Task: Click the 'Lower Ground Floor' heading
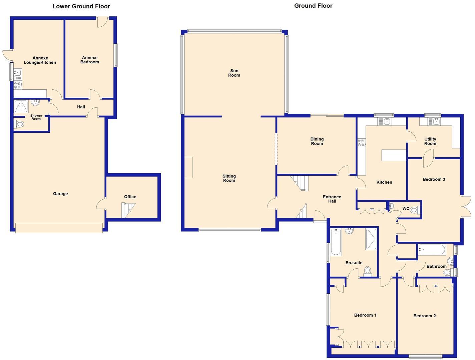(81, 6)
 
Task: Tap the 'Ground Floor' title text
(313, 6)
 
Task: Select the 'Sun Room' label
(234, 73)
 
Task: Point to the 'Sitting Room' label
(229, 178)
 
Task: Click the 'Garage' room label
(60, 194)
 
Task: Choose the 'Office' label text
(130, 197)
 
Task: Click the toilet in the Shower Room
(19, 124)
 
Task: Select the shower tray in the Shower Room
(22, 107)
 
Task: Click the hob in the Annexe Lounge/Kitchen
(18, 85)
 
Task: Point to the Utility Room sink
(435, 121)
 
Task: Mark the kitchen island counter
(394, 155)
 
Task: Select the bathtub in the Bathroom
(432, 250)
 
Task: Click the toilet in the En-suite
(368, 271)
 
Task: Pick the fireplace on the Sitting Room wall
(188, 167)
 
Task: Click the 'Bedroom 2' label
(424, 316)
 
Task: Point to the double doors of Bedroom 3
(466, 207)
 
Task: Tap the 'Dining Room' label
(317, 141)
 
